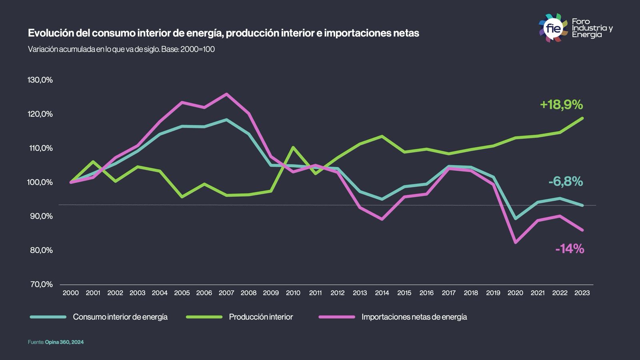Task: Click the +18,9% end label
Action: pos(561,105)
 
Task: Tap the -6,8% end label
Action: pos(566,182)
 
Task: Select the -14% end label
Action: pos(570,249)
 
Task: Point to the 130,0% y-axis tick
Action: pos(40,80)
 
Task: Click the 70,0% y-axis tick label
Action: pos(42,284)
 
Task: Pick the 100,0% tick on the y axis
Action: pos(40,182)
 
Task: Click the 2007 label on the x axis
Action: pos(226,293)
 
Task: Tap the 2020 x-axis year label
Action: pos(515,293)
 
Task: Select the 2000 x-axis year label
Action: pos(71,293)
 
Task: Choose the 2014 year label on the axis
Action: pos(382,293)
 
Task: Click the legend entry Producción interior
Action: pos(261,317)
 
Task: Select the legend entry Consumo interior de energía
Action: pos(120,317)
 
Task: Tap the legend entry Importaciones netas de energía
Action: pos(414,317)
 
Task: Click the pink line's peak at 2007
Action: pos(226,94)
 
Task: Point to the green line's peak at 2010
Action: pos(293,147)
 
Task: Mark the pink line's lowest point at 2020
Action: pos(515,242)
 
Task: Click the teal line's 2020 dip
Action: pos(515,218)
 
